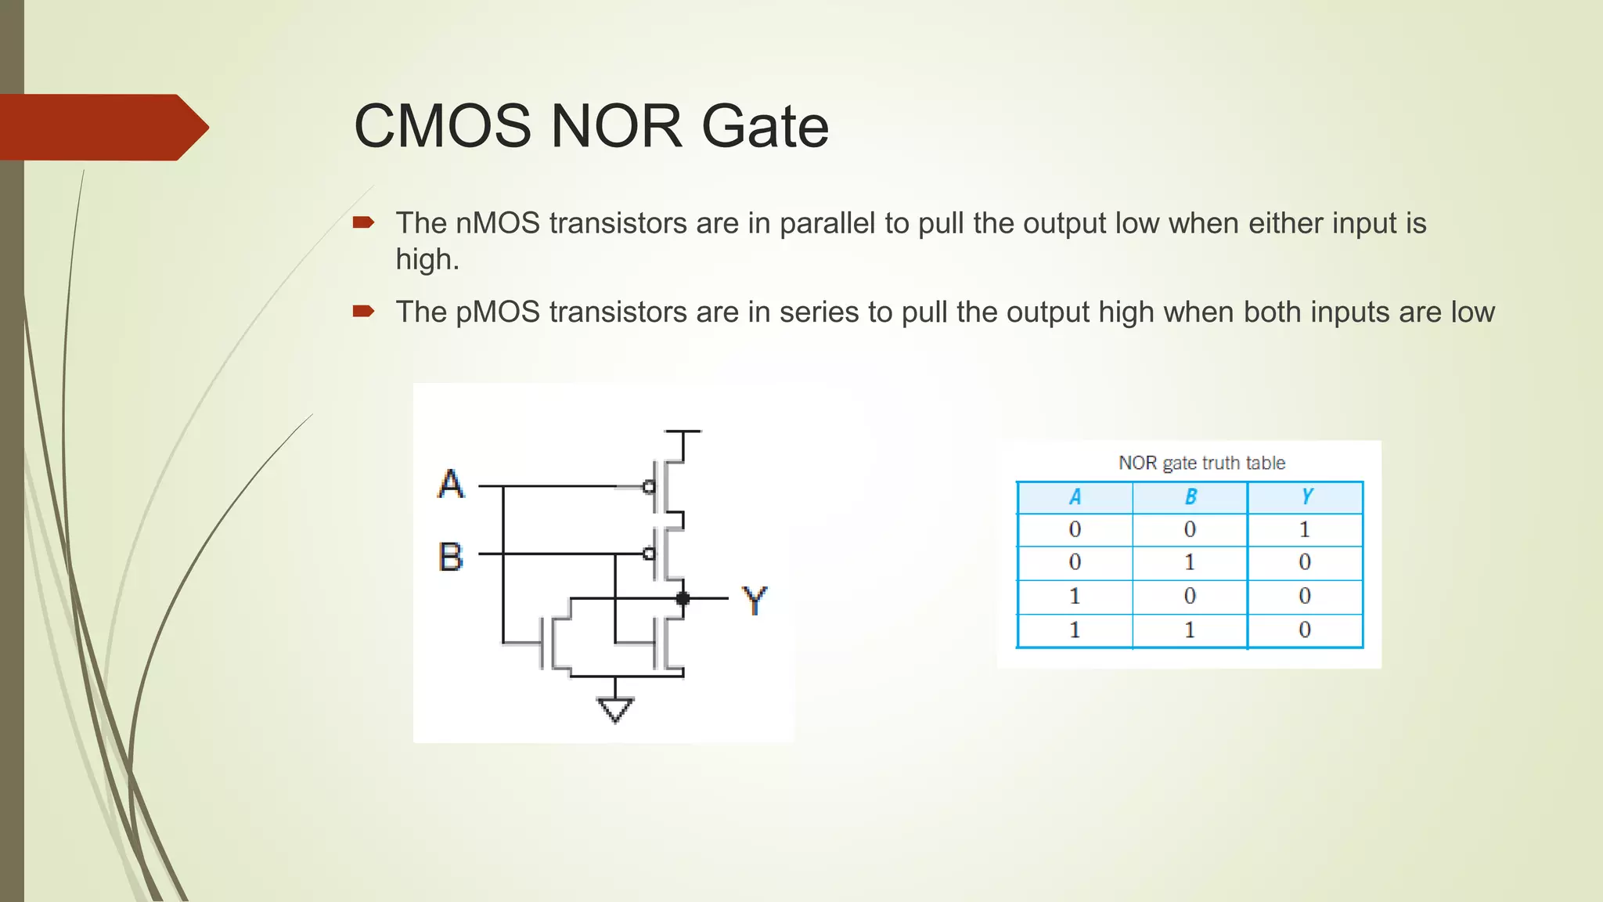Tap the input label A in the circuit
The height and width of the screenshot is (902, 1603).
pyautogui.click(x=451, y=484)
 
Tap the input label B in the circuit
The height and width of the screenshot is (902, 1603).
pyautogui.click(x=451, y=557)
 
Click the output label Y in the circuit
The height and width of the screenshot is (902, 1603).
pyautogui.click(x=755, y=601)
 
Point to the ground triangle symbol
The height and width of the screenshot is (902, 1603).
pyautogui.click(x=615, y=709)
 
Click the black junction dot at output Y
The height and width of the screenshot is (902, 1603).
pyautogui.click(x=683, y=599)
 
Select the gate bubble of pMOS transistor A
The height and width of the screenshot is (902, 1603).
pyautogui.click(x=649, y=487)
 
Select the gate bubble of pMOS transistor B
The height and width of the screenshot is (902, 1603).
pyautogui.click(x=649, y=554)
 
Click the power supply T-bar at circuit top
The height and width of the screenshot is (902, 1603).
pyautogui.click(x=683, y=432)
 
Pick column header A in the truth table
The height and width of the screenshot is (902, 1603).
pyautogui.click(x=1075, y=497)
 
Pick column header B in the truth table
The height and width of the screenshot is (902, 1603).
pyautogui.click(x=1190, y=497)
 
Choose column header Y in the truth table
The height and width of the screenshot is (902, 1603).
pyautogui.click(x=1306, y=497)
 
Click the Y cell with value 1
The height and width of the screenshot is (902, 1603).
pyautogui.click(x=1304, y=530)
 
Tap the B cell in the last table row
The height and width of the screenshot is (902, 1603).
pyautogui.click(x=1190, y=630)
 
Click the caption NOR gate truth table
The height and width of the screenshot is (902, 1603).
pyautogui.click(x=1201, y=463)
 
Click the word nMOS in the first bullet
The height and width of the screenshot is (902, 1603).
pyautogui.click(x=498, y=224)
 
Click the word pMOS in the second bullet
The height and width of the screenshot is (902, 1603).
pyautogui.click(x=498, y=312)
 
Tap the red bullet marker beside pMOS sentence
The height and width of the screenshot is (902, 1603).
pyautogui.click(x=363, y=312)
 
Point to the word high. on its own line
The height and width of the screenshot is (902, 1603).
pyautogui.click(x=427, y=260)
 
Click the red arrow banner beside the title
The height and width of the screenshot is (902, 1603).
pyautogui.click(x=102, y=127)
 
